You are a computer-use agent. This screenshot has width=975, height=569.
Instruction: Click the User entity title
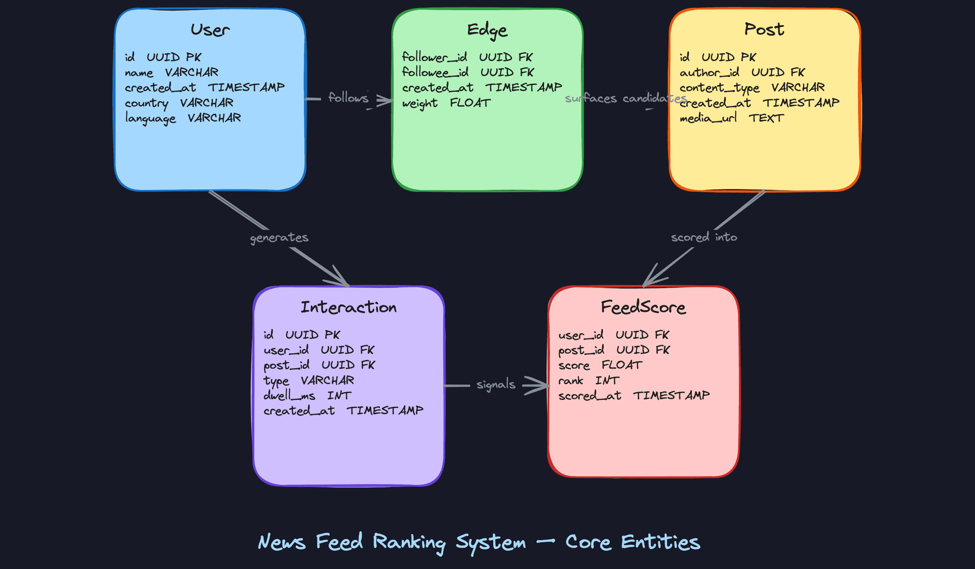pos(210,30)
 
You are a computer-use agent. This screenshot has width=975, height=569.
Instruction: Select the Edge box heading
pos(487,30)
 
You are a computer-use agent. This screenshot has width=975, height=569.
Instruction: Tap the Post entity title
pos(764,29)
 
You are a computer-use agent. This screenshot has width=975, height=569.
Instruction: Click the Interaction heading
pos(348,307)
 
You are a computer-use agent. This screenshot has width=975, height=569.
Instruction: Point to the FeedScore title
pos(643,307)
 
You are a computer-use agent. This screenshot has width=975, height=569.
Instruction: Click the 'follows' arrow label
pos(348,98)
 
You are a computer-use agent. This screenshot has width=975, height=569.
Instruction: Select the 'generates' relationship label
pos(279,238)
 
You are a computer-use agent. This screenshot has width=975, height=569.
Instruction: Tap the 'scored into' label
pos(703,237)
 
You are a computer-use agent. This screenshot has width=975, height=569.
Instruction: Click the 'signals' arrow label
pos(496,385)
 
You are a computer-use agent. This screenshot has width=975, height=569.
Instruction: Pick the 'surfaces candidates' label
pos(625,98)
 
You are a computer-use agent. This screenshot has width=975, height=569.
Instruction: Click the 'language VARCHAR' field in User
pos(183,118)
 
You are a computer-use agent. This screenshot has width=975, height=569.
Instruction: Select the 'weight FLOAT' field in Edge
pos(446,103)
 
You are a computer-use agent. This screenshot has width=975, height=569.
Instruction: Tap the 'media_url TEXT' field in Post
pos(731,118)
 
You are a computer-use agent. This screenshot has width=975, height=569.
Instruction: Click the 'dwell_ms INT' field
pos(307,396)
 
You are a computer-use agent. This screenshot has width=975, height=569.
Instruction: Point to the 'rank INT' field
pos(588,381)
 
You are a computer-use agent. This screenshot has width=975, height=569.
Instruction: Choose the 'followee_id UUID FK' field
pos(468,73)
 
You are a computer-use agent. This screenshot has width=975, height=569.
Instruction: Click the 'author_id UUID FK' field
pos(742,73)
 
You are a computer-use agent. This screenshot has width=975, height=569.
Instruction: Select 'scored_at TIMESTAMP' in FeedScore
pos(633,396)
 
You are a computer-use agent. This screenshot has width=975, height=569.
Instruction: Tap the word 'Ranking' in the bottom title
pos(409,543)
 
